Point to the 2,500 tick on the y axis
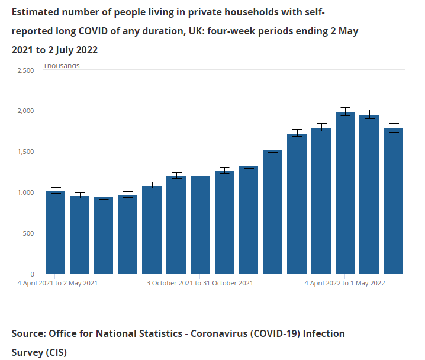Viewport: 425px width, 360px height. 26,70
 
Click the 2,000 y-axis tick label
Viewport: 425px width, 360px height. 26,111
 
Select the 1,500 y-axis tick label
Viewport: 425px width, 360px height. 26,152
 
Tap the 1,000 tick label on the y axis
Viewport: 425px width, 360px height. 26,193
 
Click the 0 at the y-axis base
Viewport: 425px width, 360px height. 33,274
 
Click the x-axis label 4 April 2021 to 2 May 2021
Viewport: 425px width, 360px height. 57,283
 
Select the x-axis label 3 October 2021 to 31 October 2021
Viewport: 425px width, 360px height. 200,283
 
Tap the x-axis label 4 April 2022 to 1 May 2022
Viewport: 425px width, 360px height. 345,283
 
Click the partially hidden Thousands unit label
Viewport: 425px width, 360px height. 62,66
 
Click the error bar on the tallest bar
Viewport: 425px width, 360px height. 345,111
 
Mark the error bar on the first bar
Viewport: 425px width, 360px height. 55,191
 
